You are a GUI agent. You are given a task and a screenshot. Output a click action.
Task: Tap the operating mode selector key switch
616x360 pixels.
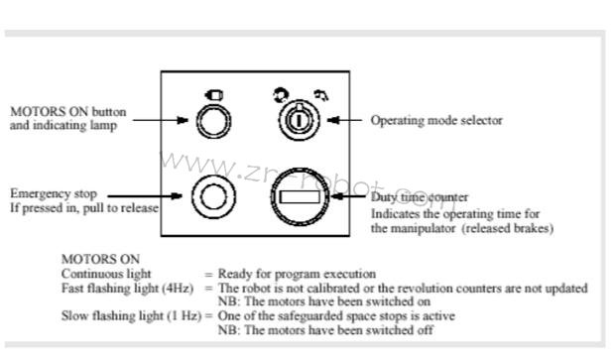coord(299,120)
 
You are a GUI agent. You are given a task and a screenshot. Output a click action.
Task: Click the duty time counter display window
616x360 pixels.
coord(300,196)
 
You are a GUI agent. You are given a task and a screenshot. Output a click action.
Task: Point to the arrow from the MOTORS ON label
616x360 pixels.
coord(161,120)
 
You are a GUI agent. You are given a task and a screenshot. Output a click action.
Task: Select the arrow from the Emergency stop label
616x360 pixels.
coord(145,196)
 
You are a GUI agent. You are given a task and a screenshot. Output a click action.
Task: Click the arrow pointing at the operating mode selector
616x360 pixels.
coord(344,120)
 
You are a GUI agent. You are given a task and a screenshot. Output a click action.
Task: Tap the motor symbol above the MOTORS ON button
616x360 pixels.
coord(214,95)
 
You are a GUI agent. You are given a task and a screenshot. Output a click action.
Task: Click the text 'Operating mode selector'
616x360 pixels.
coord(436,120)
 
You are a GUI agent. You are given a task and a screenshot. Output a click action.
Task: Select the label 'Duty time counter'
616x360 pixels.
coord(420,197)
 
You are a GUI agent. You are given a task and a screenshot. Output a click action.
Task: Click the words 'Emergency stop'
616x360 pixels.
coord(54,193)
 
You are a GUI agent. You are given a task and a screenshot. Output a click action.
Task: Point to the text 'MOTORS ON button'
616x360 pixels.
coord(68,111)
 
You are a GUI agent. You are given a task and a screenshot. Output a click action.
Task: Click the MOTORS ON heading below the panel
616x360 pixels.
coord(100,259)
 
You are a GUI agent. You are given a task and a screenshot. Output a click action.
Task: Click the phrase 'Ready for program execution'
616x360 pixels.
coord(297,274)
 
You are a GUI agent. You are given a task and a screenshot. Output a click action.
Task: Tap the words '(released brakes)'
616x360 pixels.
coord(507,228)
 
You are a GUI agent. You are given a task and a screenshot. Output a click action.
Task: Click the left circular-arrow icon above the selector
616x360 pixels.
coord(282,95)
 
